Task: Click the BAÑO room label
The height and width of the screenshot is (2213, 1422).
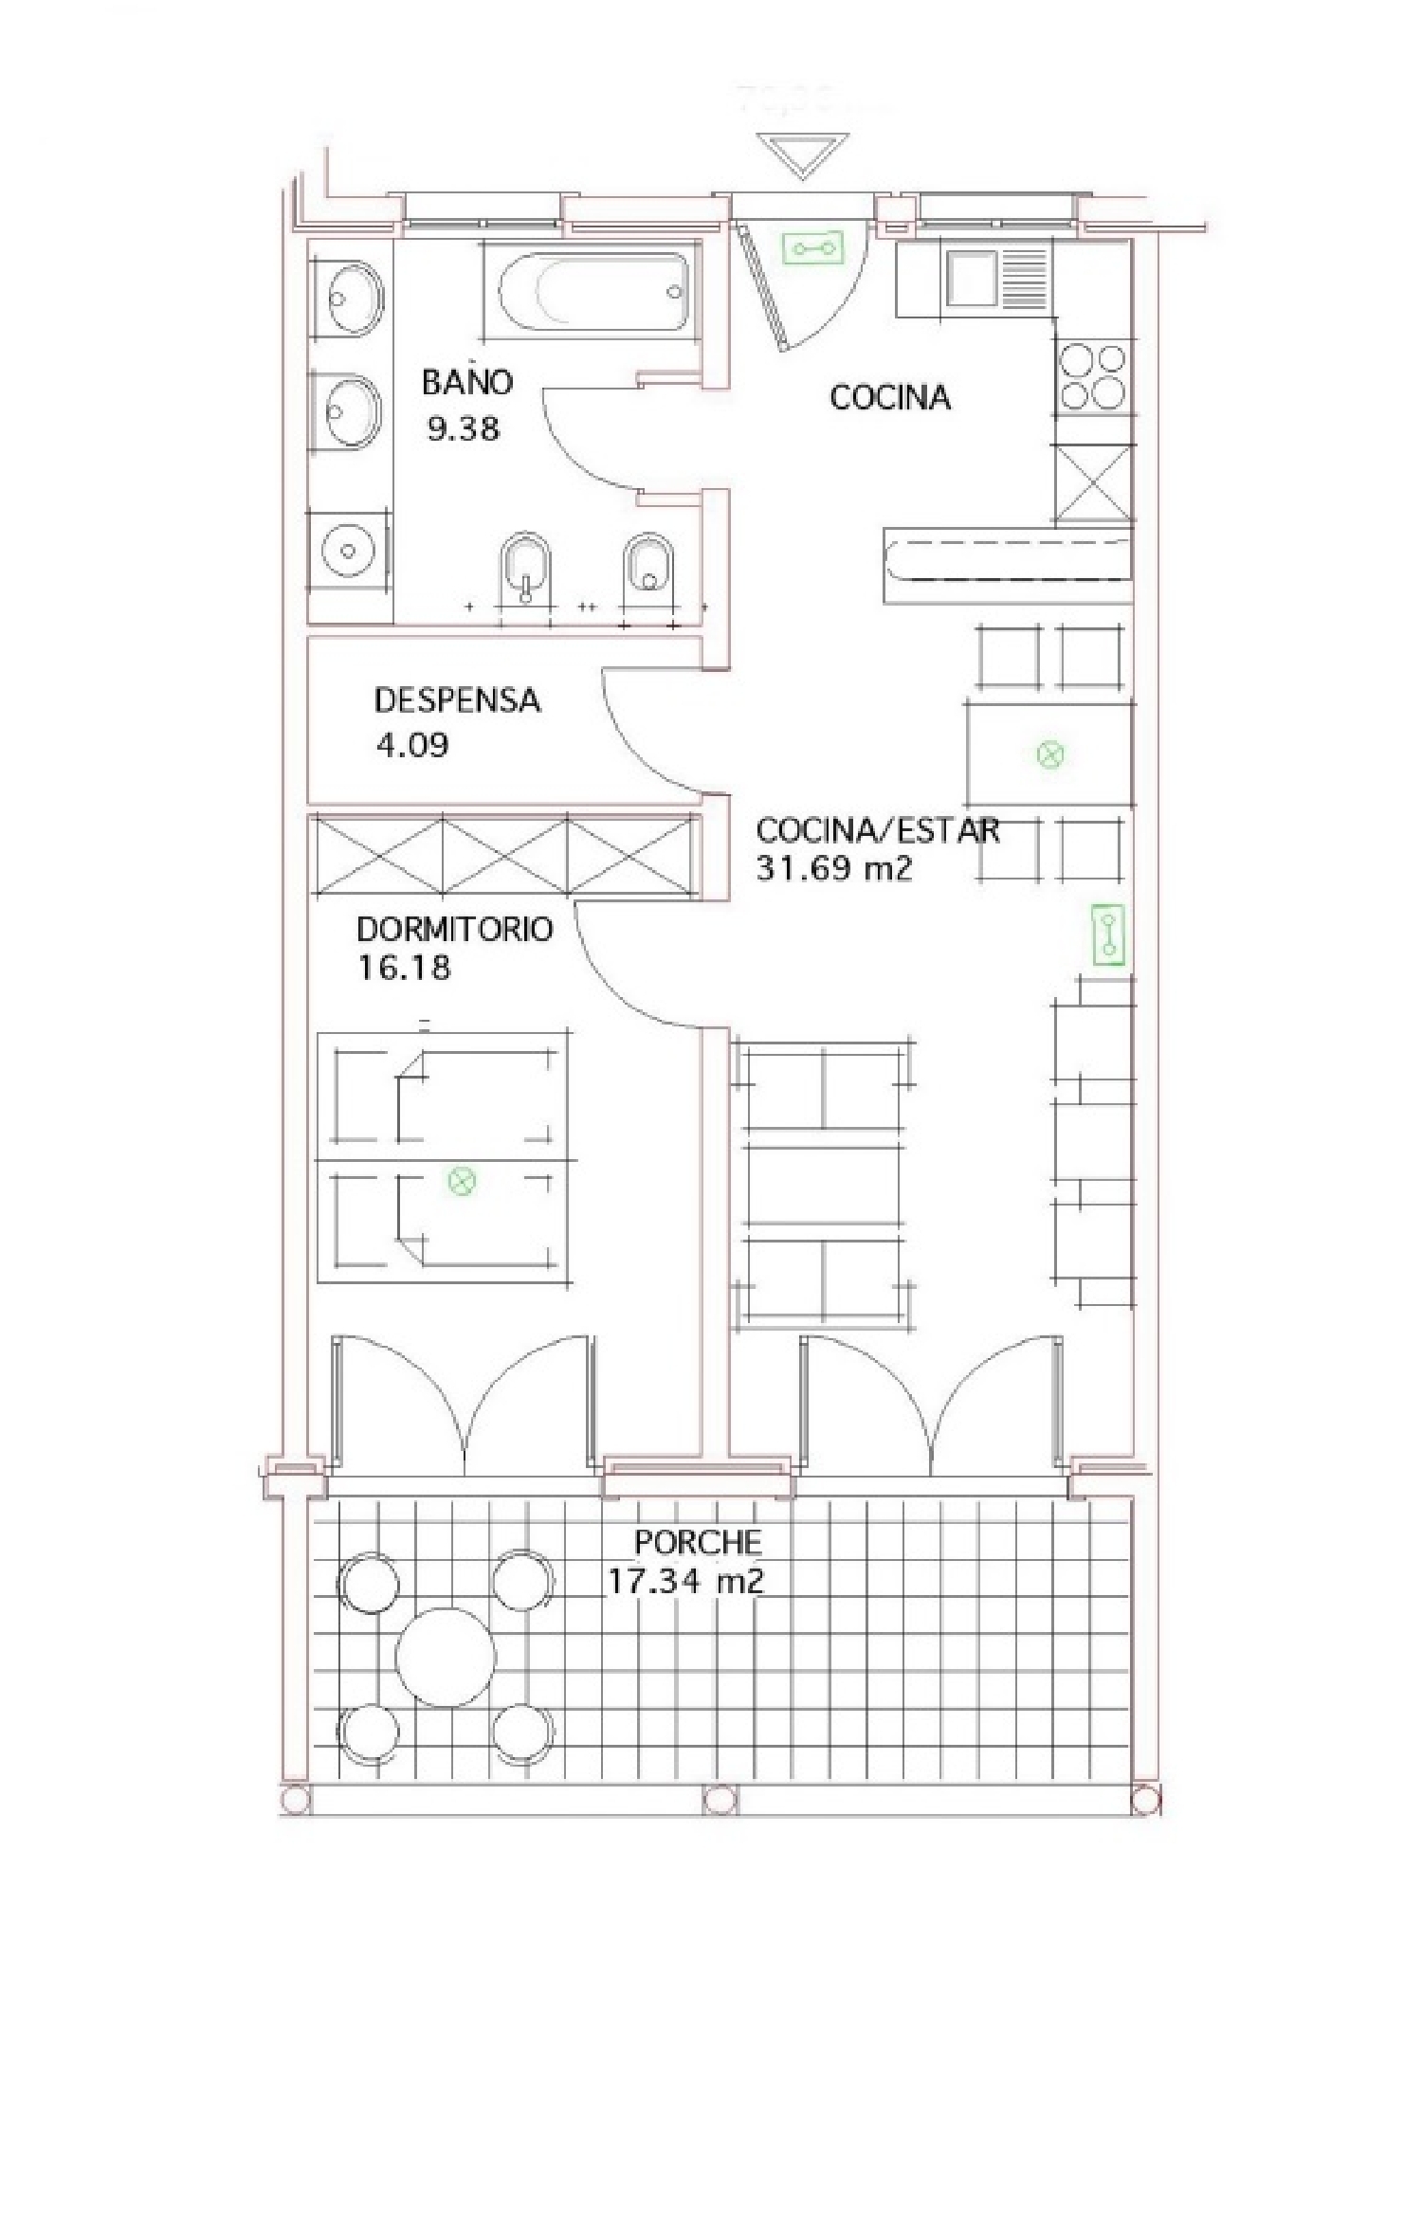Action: [466, 382]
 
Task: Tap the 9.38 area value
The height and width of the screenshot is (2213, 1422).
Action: [463, 429]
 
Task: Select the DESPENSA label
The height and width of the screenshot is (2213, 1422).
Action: [457, 700]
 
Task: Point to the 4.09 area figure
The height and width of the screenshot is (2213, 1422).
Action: [412, 745]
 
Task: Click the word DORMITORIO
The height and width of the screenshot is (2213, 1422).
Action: [454, 929]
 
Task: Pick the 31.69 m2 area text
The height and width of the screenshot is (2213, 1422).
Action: [833, 869]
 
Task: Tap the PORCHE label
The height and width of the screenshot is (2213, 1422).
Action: [698, 1542]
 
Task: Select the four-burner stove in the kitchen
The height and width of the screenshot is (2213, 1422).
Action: [1092, 376]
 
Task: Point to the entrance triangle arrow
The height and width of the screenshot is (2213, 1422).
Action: [803, 154]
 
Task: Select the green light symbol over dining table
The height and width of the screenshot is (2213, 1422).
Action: [1050, 755]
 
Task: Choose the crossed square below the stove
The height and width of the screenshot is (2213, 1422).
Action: [1093, 482]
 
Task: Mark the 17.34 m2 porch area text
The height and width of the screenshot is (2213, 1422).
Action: [684, 1582]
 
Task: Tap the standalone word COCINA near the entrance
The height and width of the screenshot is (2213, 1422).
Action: [889, 397]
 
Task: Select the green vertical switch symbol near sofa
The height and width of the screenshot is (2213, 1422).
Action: [1107, 935]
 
